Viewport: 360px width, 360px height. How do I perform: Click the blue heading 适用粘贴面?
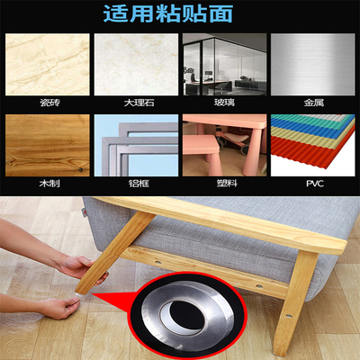[x=168, y=13]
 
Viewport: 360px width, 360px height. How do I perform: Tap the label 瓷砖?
[x=49, y=103]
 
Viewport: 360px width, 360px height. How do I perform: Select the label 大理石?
[x=139, y=103]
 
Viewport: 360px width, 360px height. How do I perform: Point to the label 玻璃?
[x=224, y=103]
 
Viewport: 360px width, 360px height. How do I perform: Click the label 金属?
[x=314, y=103]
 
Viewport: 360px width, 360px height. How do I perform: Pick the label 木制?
[x=49, y=183]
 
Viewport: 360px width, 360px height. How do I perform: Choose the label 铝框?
[x=139, y=183]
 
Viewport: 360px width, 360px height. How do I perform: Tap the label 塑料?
[x=227, y=183]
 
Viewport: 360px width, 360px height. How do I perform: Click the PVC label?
[x=315, y=183]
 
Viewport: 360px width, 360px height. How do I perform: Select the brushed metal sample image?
[x=312, y=65]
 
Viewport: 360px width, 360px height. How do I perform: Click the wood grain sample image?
[x=48, y=145]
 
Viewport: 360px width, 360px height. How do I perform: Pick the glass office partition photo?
[x=224, y=65]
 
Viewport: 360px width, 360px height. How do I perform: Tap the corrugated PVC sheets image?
[x=312, y=145]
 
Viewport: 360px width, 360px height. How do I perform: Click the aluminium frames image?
[x=136, y=145]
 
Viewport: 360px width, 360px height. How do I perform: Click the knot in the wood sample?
[x=80, y=170]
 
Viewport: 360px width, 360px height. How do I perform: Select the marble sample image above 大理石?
[x=136, y=65]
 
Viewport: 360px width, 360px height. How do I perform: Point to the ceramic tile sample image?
[x=48, y=65]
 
